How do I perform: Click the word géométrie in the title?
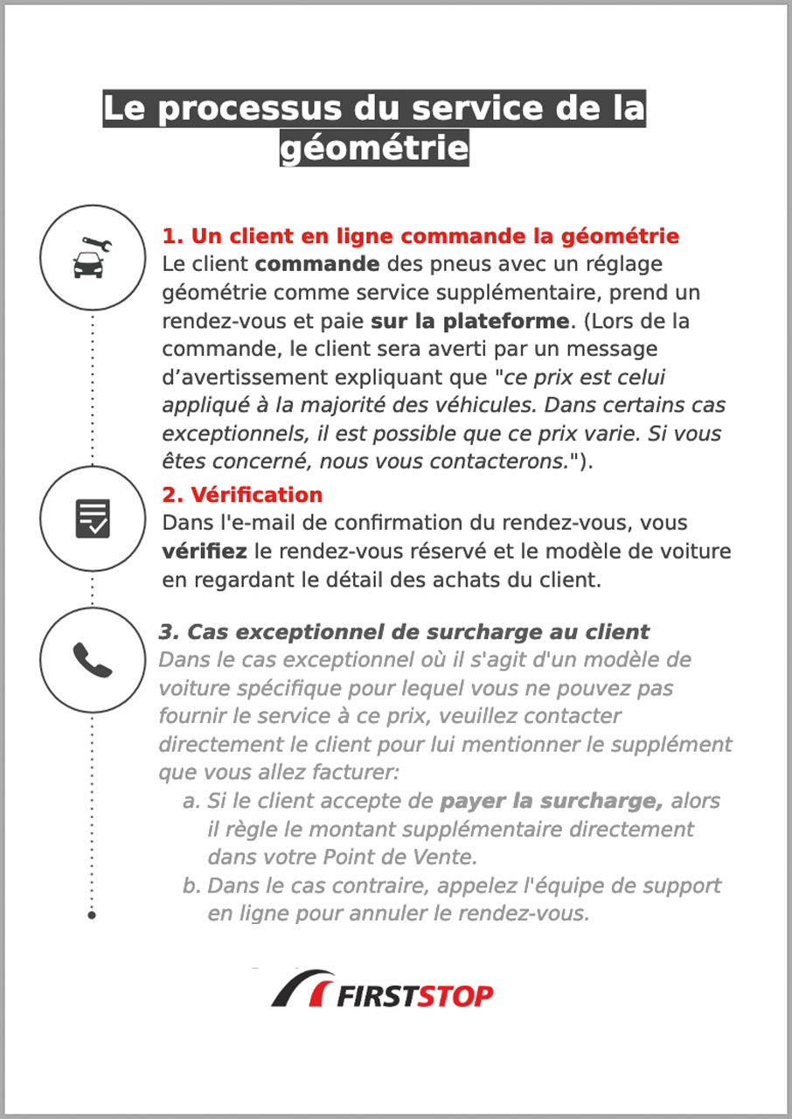coord(373,148)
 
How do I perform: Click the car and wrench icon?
coord(92,257)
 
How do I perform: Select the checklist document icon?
coord(92,518)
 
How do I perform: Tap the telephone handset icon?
coord(92,659)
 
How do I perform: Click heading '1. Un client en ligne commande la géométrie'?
coord(420,236)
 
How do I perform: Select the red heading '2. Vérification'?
coord(242,495)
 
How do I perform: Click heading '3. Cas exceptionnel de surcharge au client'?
coord(404,632)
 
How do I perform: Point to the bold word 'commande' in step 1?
coord(317,264)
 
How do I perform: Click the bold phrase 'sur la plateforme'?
coord(469,321)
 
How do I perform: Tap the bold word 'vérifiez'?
coord(205,552)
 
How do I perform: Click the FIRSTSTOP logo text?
coord(415,996)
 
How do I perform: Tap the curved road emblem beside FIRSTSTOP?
coord(302,989)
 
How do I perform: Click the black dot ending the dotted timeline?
coord(92,915)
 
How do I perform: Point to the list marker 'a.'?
coord(191,802)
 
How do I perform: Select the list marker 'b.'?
coord(191,886)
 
